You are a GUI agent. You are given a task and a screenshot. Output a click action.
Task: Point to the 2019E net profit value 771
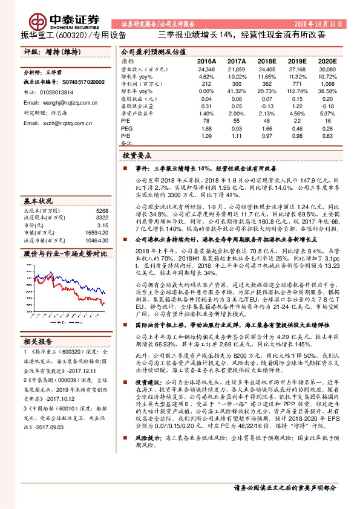point(297,85)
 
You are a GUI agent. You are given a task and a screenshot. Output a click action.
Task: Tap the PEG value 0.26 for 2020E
point(327,128)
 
